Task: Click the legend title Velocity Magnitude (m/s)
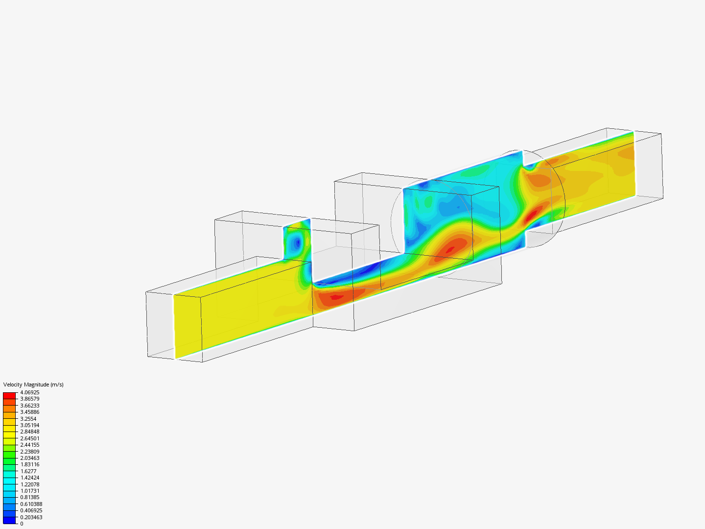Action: point(33,385)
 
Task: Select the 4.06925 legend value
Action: point(29,392)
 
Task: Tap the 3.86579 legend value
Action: point(29,399)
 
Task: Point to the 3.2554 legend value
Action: point(28,419)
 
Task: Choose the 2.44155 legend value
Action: point(29,445)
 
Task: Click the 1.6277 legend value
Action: point(28,471)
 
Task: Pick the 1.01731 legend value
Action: point(29,491)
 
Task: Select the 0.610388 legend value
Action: point(31,504)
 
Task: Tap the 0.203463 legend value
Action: point(31,517)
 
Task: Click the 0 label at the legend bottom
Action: point(22,524)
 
